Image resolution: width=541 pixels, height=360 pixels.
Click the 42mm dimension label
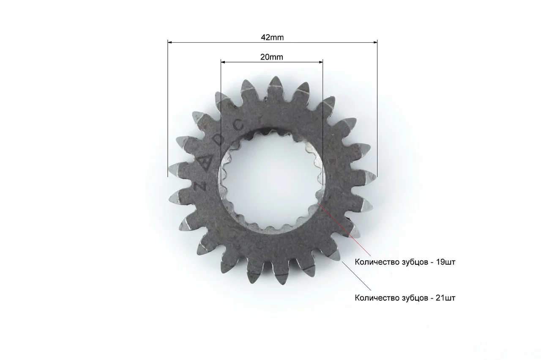coord(272,38)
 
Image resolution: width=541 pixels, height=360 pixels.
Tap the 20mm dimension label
coord(272,57)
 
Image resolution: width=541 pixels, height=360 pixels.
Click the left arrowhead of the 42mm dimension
coord(169,42)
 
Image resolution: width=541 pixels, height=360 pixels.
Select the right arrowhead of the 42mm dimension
coord(375,42)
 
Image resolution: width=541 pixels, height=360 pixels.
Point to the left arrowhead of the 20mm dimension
coord(223,62)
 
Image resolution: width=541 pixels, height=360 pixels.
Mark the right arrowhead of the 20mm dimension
coord(321,62)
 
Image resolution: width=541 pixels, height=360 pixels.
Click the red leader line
coord(344,229)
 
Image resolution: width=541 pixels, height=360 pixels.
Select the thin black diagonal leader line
coord(356,276)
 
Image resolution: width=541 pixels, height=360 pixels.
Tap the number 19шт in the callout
coord(445,262)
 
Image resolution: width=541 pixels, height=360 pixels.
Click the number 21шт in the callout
coord(445,298)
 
